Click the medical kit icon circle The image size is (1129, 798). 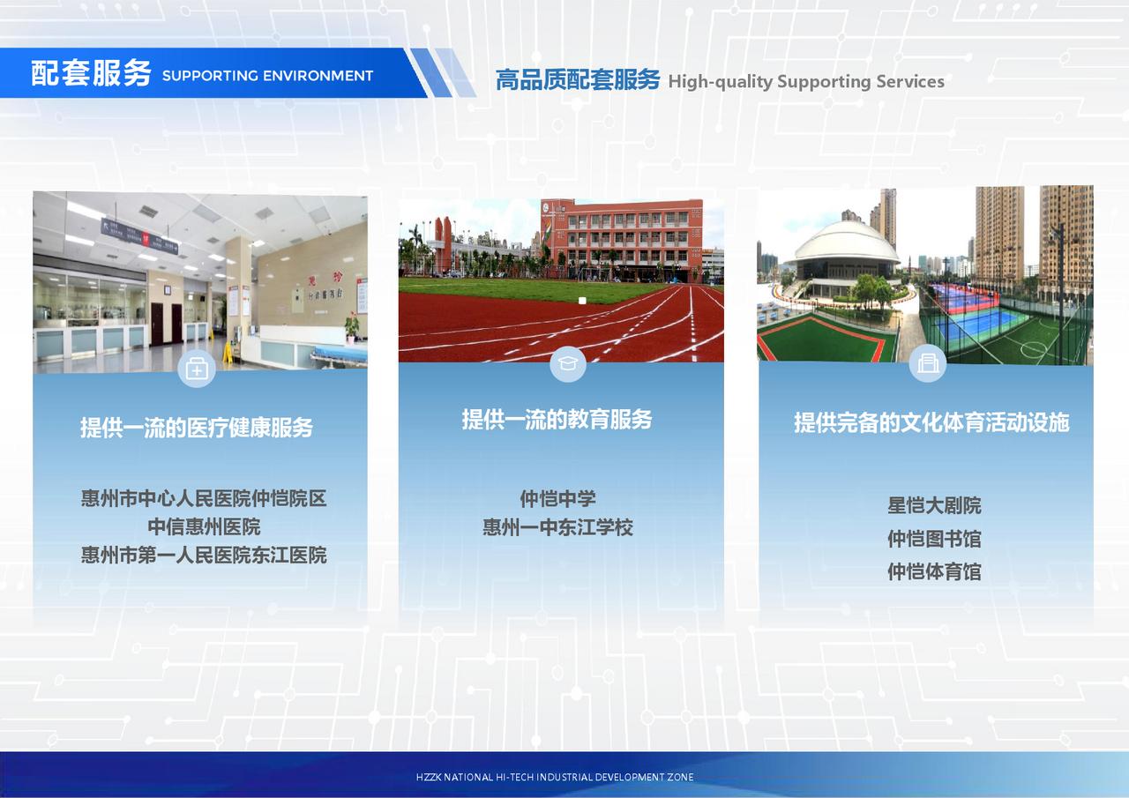click(197, 369)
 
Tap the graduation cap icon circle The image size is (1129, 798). click(568, 363)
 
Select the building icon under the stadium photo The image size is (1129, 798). click(927, 362)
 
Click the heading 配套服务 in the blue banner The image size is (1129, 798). click(91, 73)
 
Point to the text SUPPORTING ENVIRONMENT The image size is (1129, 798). click(267, 76)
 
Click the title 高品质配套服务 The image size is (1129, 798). click(578, 79)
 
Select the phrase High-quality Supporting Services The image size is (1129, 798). click(806, 81)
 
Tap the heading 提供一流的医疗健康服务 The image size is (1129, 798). click(197, 427)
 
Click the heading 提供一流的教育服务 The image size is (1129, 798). click(557, 419)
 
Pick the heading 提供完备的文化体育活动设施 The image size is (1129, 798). click(931, 422)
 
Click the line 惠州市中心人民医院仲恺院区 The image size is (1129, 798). click(204, 498)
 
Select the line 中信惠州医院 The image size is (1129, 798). click(204, 527)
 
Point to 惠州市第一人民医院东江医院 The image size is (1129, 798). click(204, 556)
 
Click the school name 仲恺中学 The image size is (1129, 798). click(558, 499)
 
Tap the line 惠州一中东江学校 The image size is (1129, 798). click(558, 527)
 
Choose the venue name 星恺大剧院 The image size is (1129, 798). click(934, 505)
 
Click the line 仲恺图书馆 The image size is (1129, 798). click(934, 539)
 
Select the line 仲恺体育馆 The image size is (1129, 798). click(934, 571)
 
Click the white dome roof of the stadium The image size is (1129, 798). click(846, 242)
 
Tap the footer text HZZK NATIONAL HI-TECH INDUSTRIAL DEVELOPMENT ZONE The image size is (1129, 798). click(555, 777)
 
